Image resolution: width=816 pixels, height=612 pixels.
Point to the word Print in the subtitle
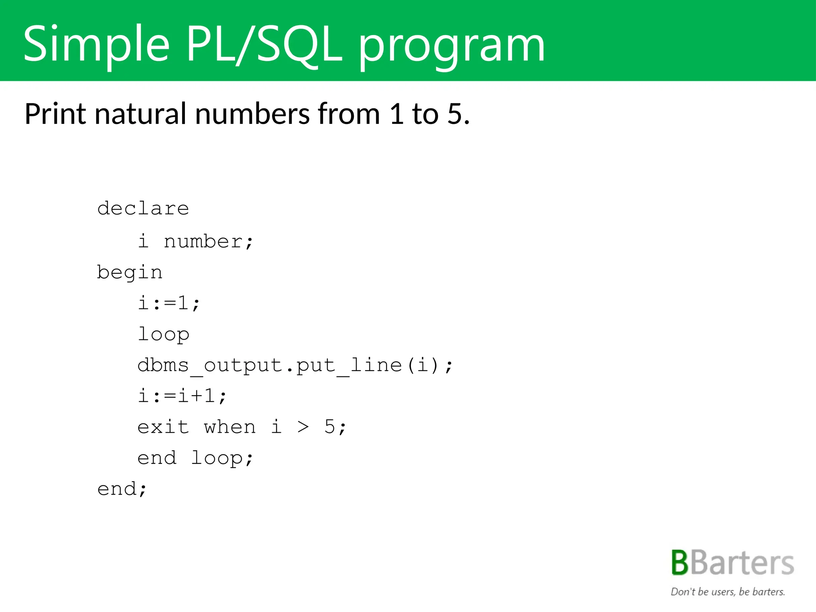(55, 114)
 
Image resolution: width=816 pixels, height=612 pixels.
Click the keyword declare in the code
(143, 208)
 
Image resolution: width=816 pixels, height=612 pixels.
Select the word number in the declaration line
(204, 241)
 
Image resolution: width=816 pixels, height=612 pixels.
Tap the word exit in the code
(163, 427)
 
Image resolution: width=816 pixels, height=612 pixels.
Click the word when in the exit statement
(230, 427)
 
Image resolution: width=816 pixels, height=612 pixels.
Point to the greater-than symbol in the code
(303, 427)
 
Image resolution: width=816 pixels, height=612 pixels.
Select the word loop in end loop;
(217, 458)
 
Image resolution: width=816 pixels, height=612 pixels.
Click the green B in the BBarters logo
(680, 563)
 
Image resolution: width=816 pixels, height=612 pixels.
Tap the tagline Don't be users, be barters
(728, 592)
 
